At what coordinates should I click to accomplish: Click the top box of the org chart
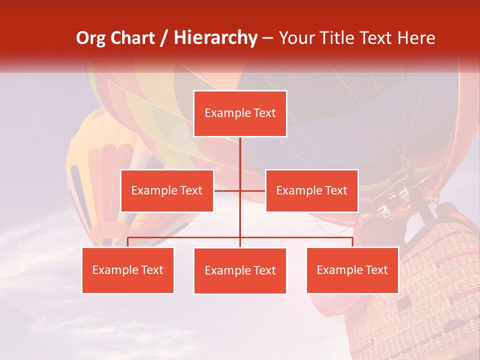(x=240, y=113)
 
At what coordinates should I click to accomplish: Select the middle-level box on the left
(x=167, y=190)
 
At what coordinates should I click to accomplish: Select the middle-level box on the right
(x=311, y=190)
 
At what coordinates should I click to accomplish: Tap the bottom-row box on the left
(x=128, y=270)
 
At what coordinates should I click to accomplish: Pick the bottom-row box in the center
(x=240, y=270)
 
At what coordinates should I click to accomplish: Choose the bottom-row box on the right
(x=352, y=270)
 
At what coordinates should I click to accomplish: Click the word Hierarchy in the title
(x=215, y=38)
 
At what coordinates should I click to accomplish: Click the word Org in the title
(x=90, y=38)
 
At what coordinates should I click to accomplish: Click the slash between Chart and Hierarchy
(x=163, y=38)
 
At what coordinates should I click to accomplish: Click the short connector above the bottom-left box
(x=128, y=242)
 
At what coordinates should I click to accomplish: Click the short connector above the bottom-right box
(x=352, y=242)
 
